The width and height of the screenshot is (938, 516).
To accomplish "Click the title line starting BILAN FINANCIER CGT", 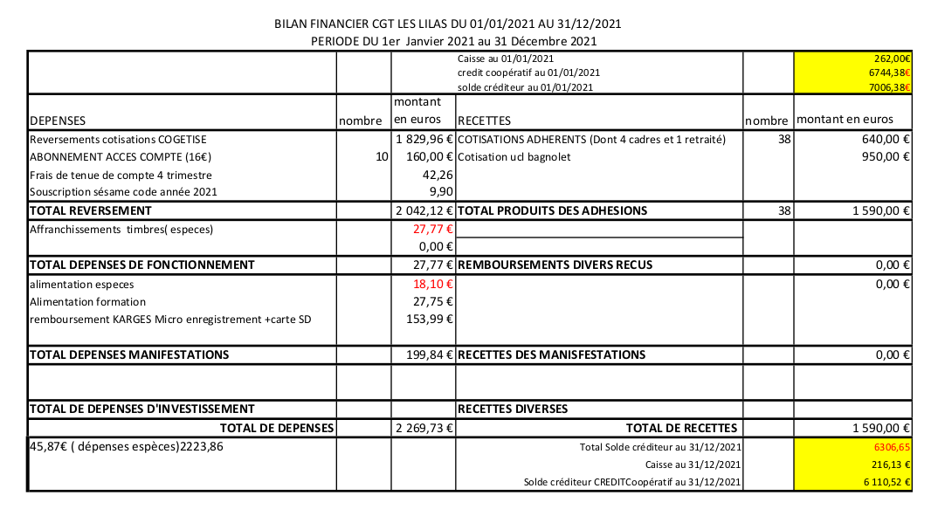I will pyautogui.click(x=448, y=24).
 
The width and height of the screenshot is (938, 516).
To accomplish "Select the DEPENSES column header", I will pyautogui.click(x=58, y=120).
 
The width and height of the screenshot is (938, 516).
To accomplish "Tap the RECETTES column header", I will pyautogui.click(x=484, y=120).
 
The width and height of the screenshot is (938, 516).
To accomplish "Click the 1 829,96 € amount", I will pyautogui.click(x=424, y=139).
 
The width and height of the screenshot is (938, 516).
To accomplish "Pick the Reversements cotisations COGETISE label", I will pyautogui.click(x=118, y=139).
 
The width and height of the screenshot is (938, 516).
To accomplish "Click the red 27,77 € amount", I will pyautogui.click(x=434, y=230).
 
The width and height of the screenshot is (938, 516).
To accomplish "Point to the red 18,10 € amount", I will pyautogui.click(x=434, y=284).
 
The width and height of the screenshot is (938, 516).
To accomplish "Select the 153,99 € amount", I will pyautogui.click(x=432, y=319).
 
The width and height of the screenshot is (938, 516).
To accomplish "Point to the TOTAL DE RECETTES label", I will pyautogui.click(x=682, y=428).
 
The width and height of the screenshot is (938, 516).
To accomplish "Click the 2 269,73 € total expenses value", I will pyautogui.click(x=424, y=428).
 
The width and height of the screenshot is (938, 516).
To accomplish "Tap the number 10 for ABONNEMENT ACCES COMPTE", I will pyautogui.click(x=382, y=157).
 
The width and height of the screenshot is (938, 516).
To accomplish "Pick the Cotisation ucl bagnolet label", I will pyautogui.click(x=513, y=157).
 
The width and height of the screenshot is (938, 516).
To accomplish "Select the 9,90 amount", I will pyautogui.click(x=441, y=192).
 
